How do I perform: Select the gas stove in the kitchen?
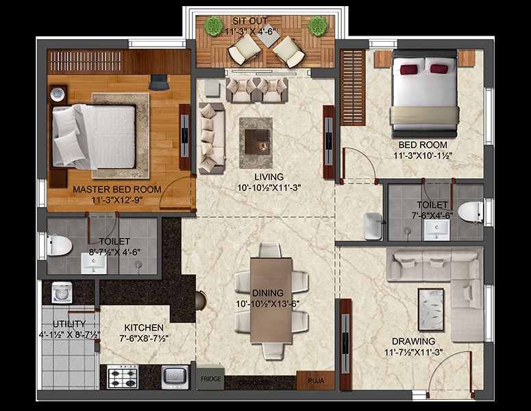pos(123,376)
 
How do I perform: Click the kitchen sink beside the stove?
pos(175,376)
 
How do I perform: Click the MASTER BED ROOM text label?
pos(117,190)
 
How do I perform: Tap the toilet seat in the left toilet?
pos(58,244)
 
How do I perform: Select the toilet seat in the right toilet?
pos(471,212)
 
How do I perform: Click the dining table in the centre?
pos(271,299)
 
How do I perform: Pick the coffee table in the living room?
pos(256,135)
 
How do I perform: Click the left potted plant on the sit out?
pos(214,26)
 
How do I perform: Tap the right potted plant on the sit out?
pos(317,26)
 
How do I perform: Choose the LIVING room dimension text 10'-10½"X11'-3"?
pos(269,187)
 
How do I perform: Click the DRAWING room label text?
pos(413,341)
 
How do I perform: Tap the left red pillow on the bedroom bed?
pos(408,68)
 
